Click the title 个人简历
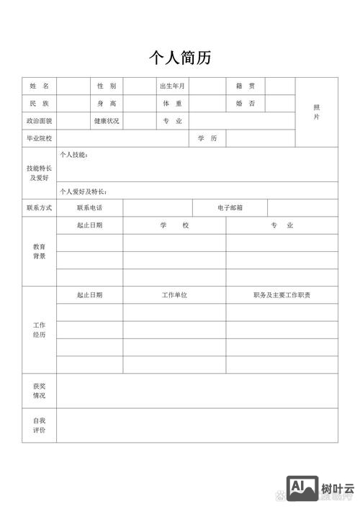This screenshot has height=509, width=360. pos(179,58)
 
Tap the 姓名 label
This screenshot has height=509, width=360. pos(39,86)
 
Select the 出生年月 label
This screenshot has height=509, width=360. pos(172,86)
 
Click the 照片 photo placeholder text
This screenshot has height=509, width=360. pos(316,112)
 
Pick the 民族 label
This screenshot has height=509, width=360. pos(39,104)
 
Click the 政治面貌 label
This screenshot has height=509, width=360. pos(39,121)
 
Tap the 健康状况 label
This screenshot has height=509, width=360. pos(107,121)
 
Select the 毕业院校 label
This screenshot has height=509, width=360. pos(39,138)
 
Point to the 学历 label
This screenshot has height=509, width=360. pos(207,138)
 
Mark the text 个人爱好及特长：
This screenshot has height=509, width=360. pos(84,192)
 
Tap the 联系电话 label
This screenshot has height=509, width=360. pos(89,208)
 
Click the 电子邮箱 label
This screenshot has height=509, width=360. pos(230,208)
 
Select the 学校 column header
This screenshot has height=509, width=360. pos(174,225)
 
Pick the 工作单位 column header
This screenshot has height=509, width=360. pos(174,295)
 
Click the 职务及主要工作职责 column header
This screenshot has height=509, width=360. pos(282,295)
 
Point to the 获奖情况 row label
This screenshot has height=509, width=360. pos(39,391)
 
